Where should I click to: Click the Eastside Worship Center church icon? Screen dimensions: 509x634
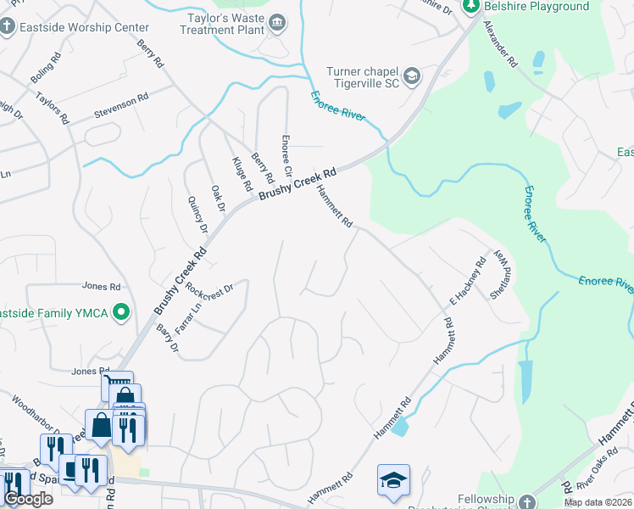8,26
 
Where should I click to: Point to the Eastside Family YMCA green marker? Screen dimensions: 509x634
120,313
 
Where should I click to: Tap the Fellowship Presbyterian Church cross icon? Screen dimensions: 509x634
527,501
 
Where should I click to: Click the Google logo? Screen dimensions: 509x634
28,499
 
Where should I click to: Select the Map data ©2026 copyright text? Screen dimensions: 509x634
598,502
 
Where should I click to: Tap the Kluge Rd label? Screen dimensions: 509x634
242,173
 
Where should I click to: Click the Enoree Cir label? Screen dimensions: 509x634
286,153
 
